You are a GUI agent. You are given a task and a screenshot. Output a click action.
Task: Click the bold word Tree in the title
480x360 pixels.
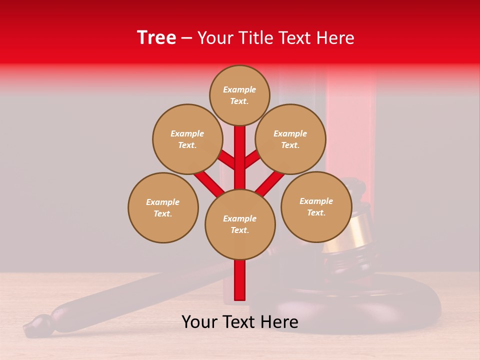(x=156, y=38)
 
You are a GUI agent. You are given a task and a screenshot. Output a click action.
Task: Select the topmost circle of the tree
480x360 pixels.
(x=239, y=95)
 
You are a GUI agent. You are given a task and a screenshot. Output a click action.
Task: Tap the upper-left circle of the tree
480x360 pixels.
(x=187, y=139)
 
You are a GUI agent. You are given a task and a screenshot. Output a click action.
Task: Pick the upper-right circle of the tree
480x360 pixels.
(x=290, y=139)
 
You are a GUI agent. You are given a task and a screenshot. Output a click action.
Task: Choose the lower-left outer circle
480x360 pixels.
(x=163, y=208)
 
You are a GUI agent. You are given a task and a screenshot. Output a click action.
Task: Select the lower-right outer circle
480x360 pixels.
(x=316, y=207)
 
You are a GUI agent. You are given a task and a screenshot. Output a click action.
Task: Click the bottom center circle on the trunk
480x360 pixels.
(x=240, y=224)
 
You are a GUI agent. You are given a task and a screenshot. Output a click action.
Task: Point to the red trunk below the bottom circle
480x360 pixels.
(x=240, y=280)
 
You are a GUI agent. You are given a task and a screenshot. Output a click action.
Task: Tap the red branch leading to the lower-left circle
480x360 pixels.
(x=209, y=183)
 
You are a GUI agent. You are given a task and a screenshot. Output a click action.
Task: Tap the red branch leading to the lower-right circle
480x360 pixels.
(x=270, y=182)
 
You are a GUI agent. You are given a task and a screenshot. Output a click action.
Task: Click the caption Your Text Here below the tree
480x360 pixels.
(x=240, y=322)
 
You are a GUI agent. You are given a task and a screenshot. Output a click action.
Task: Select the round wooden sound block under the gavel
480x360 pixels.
(x=350, y=305)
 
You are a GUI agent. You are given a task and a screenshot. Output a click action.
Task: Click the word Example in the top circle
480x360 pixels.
(x=239, y=90)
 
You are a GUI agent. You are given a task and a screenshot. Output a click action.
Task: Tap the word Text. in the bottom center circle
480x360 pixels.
(x=240, y=230)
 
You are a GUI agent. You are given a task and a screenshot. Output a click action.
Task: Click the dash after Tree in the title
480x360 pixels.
(x=186, y=38)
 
